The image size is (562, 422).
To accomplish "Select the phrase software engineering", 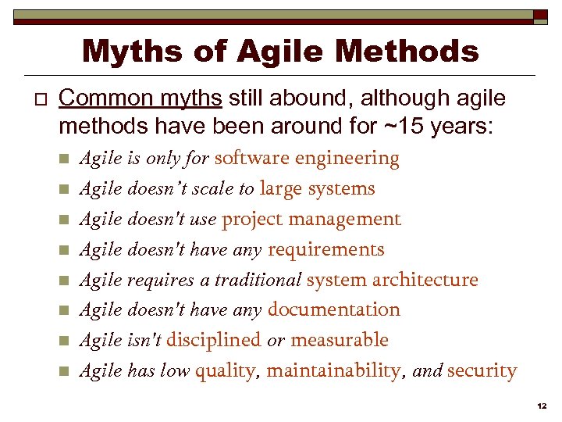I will coord(307,159).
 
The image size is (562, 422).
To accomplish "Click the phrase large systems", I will coord(317,189).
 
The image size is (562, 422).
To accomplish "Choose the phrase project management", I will coord(311,220).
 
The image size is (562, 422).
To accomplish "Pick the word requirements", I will coord(325,250).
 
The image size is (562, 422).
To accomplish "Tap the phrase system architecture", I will coord(392,280).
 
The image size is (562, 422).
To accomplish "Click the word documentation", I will coord(333,310).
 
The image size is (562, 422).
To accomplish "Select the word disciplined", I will coord(213,341).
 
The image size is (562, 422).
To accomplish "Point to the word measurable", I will coord(339,341).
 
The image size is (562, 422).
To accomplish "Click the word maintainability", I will coord(333,371).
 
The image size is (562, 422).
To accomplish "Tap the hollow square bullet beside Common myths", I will coord(34,99).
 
